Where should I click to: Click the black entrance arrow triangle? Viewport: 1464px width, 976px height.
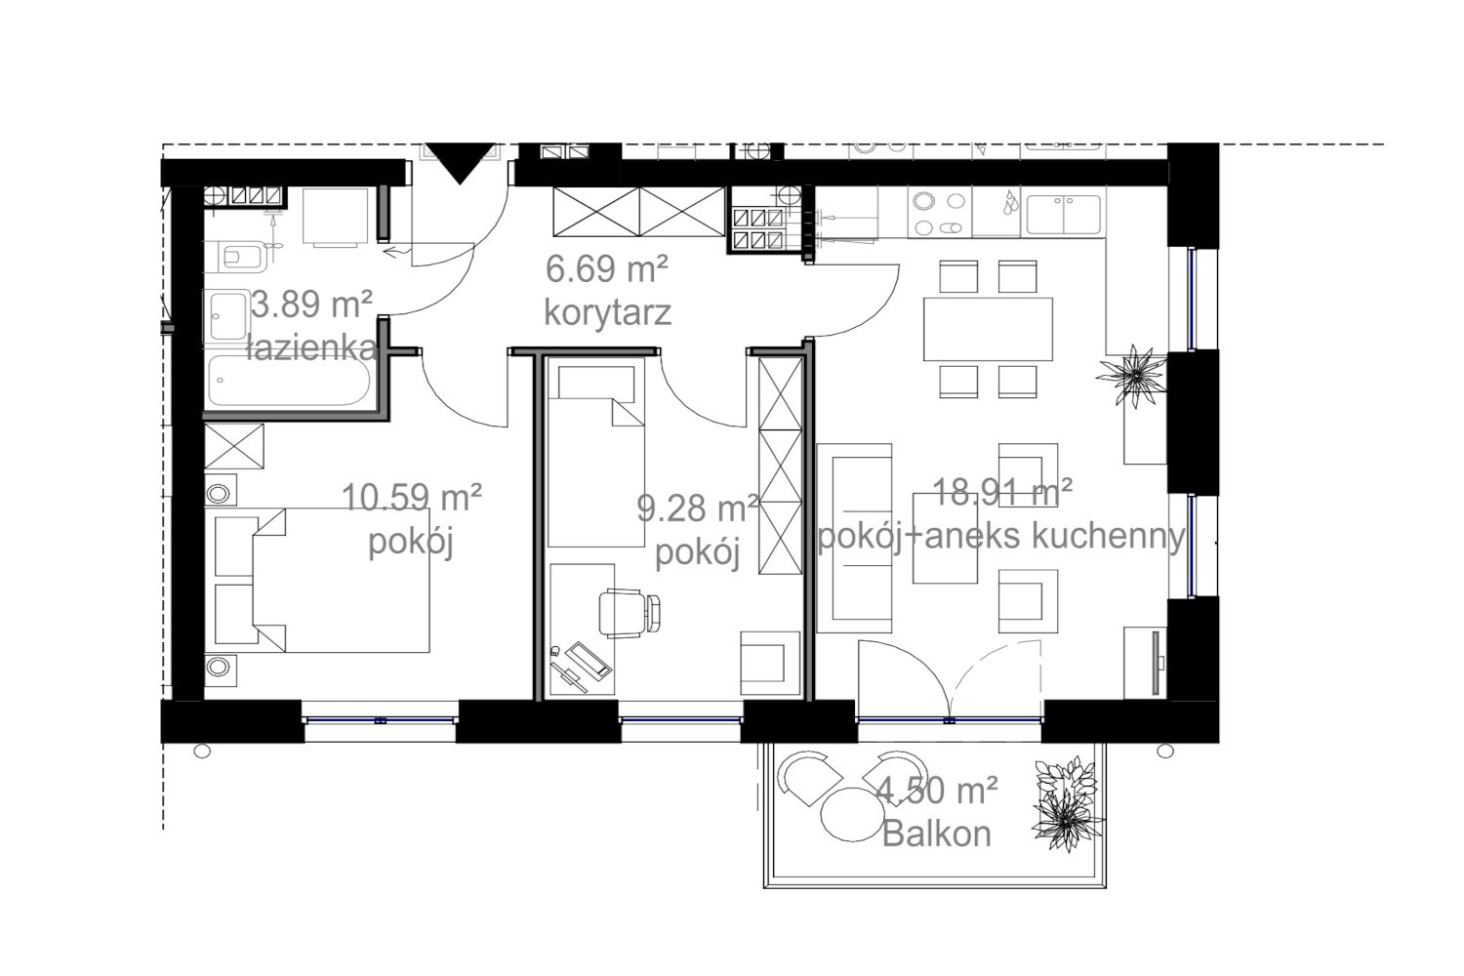[x=460, y=161]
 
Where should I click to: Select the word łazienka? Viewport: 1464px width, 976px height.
[x=312, y=347]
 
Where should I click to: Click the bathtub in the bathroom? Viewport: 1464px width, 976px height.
[x=289, y=381]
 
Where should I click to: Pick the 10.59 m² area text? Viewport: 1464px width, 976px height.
[x=412, y=498]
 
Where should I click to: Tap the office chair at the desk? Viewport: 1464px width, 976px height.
[x=629, y=613]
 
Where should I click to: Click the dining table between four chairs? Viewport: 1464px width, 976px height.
[x=988, y=329]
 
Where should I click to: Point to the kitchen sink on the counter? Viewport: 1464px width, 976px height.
[x=1064, y=215]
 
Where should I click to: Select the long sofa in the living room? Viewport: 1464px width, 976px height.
[x=854, y=538]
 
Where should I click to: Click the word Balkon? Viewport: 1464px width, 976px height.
[x=937, y=834]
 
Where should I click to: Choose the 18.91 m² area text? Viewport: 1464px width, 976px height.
[x=1002, y=492]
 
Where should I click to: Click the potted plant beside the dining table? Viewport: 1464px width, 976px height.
[x=1131, y=376]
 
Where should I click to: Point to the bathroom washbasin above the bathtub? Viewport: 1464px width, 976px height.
[x=227, y=316]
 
